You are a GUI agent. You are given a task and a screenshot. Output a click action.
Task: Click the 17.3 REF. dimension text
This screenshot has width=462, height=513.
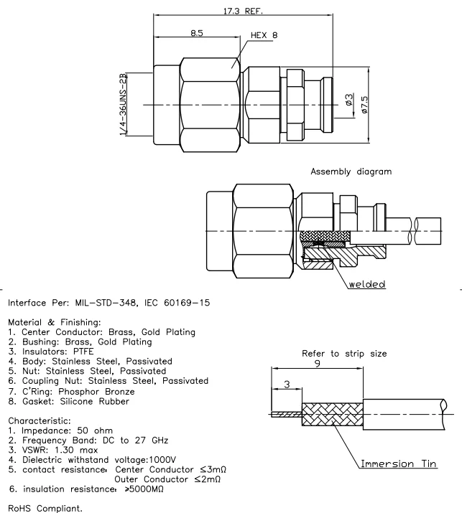coord(245,11)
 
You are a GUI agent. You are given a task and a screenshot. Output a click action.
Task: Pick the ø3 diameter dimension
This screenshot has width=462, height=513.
coord(348,102)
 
